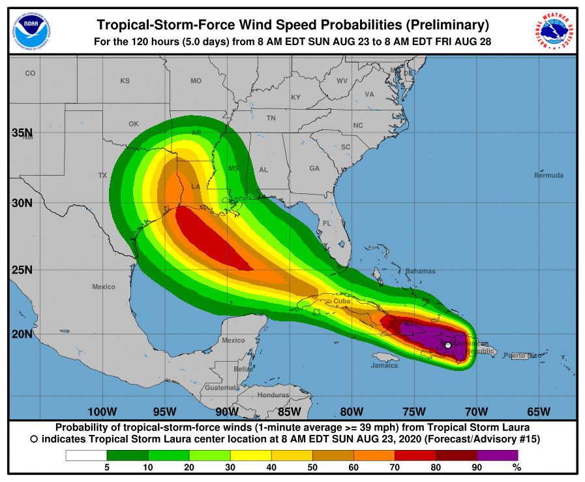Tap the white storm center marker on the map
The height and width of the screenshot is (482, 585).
pyautogui.click(x=447, y=345)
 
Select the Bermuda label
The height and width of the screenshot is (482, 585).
pyautogui.click(x=548, y=175)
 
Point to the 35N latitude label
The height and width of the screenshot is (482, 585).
pyautogui.click(x=22, y=133)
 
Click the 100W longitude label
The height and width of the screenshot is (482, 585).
pyautogui.click(x=102, y=411)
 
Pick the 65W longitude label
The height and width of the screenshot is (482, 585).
pyautogui.click(x=539, y=411)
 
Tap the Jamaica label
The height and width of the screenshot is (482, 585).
pyautogui.click(x=385, y=365)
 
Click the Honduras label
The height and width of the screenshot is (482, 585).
pyautogui.click(x=273, y=395)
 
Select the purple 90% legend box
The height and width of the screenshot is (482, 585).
pyautogui.click(x=497, y=455)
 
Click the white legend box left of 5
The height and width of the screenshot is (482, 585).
pyautogui.click(x=85, y=455)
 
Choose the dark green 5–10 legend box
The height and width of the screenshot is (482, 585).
pyautogui.click(x=127, y=455)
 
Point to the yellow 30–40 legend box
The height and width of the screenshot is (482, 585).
pyautogui.click(x=250, y=455)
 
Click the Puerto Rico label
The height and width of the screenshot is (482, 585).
pyautogui.click(x=522, y=355)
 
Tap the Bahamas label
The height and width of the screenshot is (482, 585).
pyautogui.click(x=420, y=271)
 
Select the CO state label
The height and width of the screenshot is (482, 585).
pyautogui.click(x=30, y=73)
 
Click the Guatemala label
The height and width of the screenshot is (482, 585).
pyautogui.click(x=222, y=387)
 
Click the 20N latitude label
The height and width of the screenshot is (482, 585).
pyautogui.click(x=22, y=334)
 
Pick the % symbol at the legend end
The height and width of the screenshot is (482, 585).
pyautogui.click(x=517, y=467)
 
